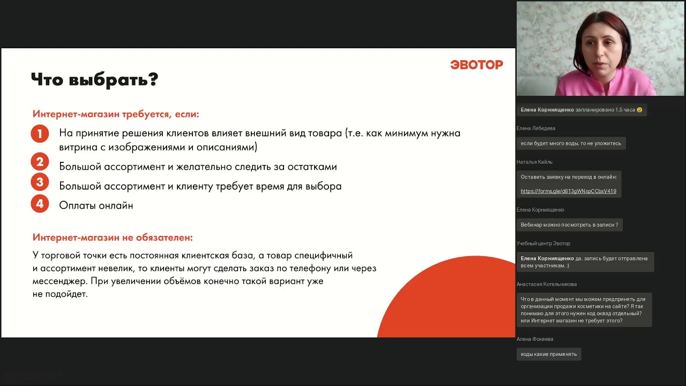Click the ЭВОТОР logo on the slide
(x=476, y=65)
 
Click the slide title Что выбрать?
(x=94, y=80)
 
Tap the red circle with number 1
(x=40, y=133)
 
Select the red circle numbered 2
(x=40, y=162)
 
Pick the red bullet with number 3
(x=40, y=182)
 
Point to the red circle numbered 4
(x=40, y=204)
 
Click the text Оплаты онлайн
(x=96, y=205)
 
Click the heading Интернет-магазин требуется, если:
(x=116, y=114)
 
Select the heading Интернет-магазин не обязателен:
(x=113, y=237)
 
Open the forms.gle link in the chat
(x=568, y=191)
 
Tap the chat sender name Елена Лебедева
(x=535, y=129)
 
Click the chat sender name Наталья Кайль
(x=534, y=162)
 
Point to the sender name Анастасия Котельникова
(x=546, y=284)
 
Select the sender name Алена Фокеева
(x=534, y=339)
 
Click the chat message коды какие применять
(x=548, y=354)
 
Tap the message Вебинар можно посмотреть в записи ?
(x=569, y=225)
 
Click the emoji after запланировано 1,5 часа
(x=639, y=110)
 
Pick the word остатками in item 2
(x=313, y=167)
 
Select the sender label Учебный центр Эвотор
(x=543, y=244)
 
